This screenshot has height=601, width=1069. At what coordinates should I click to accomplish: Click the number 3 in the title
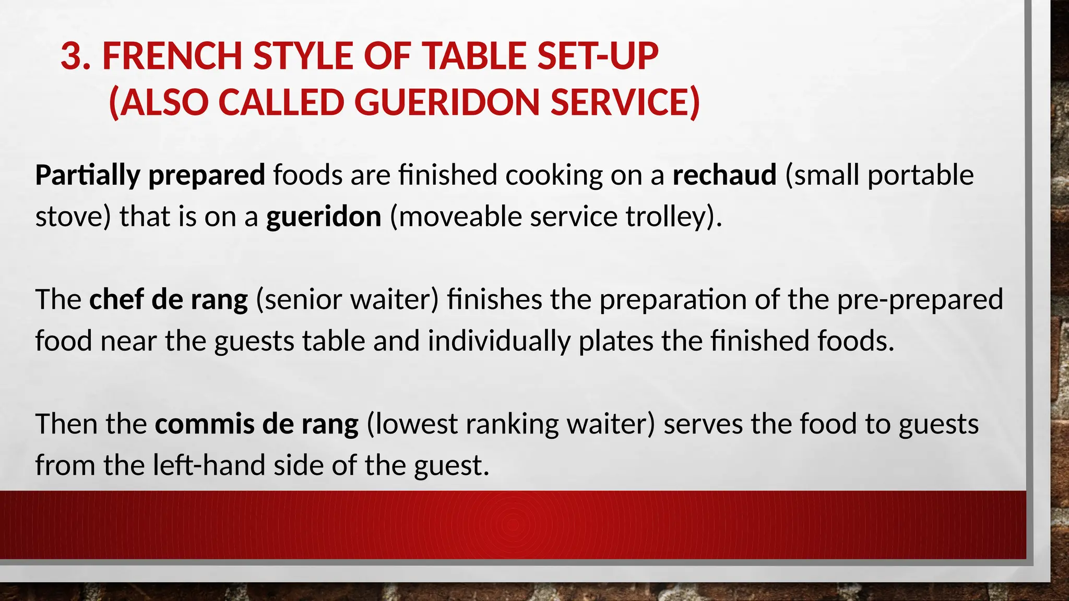point(72,56)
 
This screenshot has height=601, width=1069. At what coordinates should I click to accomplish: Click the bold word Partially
point(88,175)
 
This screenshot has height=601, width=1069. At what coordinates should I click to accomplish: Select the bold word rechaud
point(724,175)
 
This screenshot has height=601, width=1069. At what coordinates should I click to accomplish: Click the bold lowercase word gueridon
point(324,217)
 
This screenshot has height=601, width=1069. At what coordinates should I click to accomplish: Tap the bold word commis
point(204,424)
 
